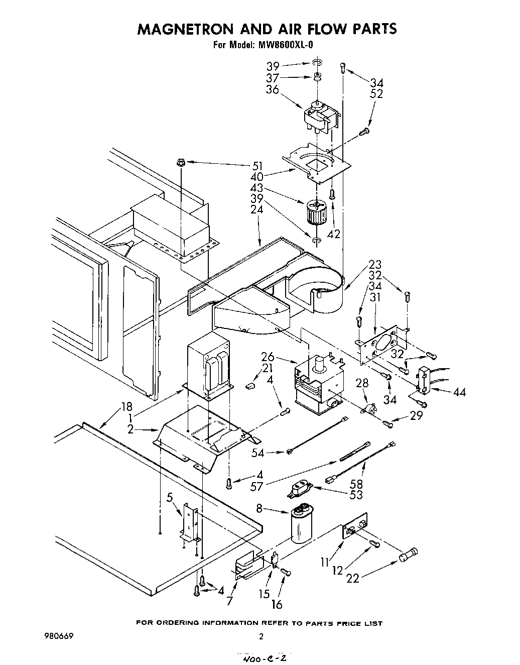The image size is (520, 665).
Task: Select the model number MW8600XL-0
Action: (285, 45)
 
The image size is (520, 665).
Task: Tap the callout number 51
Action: (257, 166)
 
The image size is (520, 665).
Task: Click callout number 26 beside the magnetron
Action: (268, 357)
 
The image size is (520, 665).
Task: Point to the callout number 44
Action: (459, 392)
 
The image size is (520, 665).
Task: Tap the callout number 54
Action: (257, 453)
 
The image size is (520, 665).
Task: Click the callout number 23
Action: (374, 265)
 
